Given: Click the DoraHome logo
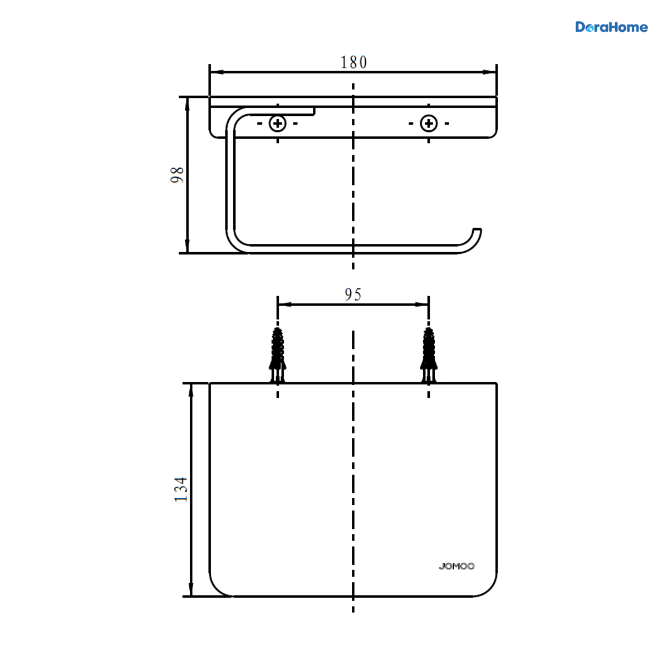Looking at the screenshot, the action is [611, 27].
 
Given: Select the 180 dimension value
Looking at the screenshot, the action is [353, 62].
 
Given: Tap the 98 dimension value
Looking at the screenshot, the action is [177, 175].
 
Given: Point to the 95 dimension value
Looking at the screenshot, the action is [353, 294].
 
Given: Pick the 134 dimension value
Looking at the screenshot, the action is [180, 489].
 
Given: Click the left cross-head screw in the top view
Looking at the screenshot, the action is [278, 124].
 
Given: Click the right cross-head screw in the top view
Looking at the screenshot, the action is [429, 124].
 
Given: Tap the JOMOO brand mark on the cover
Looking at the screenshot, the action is [456, 567].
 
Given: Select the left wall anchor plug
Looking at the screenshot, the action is [278, 355].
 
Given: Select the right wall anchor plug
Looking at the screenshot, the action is [429, 355].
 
